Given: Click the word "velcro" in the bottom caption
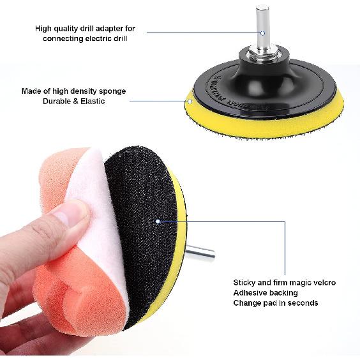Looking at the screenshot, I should [x=323, y=282].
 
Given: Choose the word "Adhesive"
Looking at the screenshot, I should [x=250, y=292].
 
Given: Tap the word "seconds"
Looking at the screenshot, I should [x=301, y=303].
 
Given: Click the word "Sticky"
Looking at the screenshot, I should [x=246, y=282].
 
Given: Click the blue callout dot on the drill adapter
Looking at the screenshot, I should [x=262, y=32].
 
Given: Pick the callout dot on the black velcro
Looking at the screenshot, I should [x=157, y=221].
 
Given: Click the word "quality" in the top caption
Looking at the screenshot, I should [x=68, y=29].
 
